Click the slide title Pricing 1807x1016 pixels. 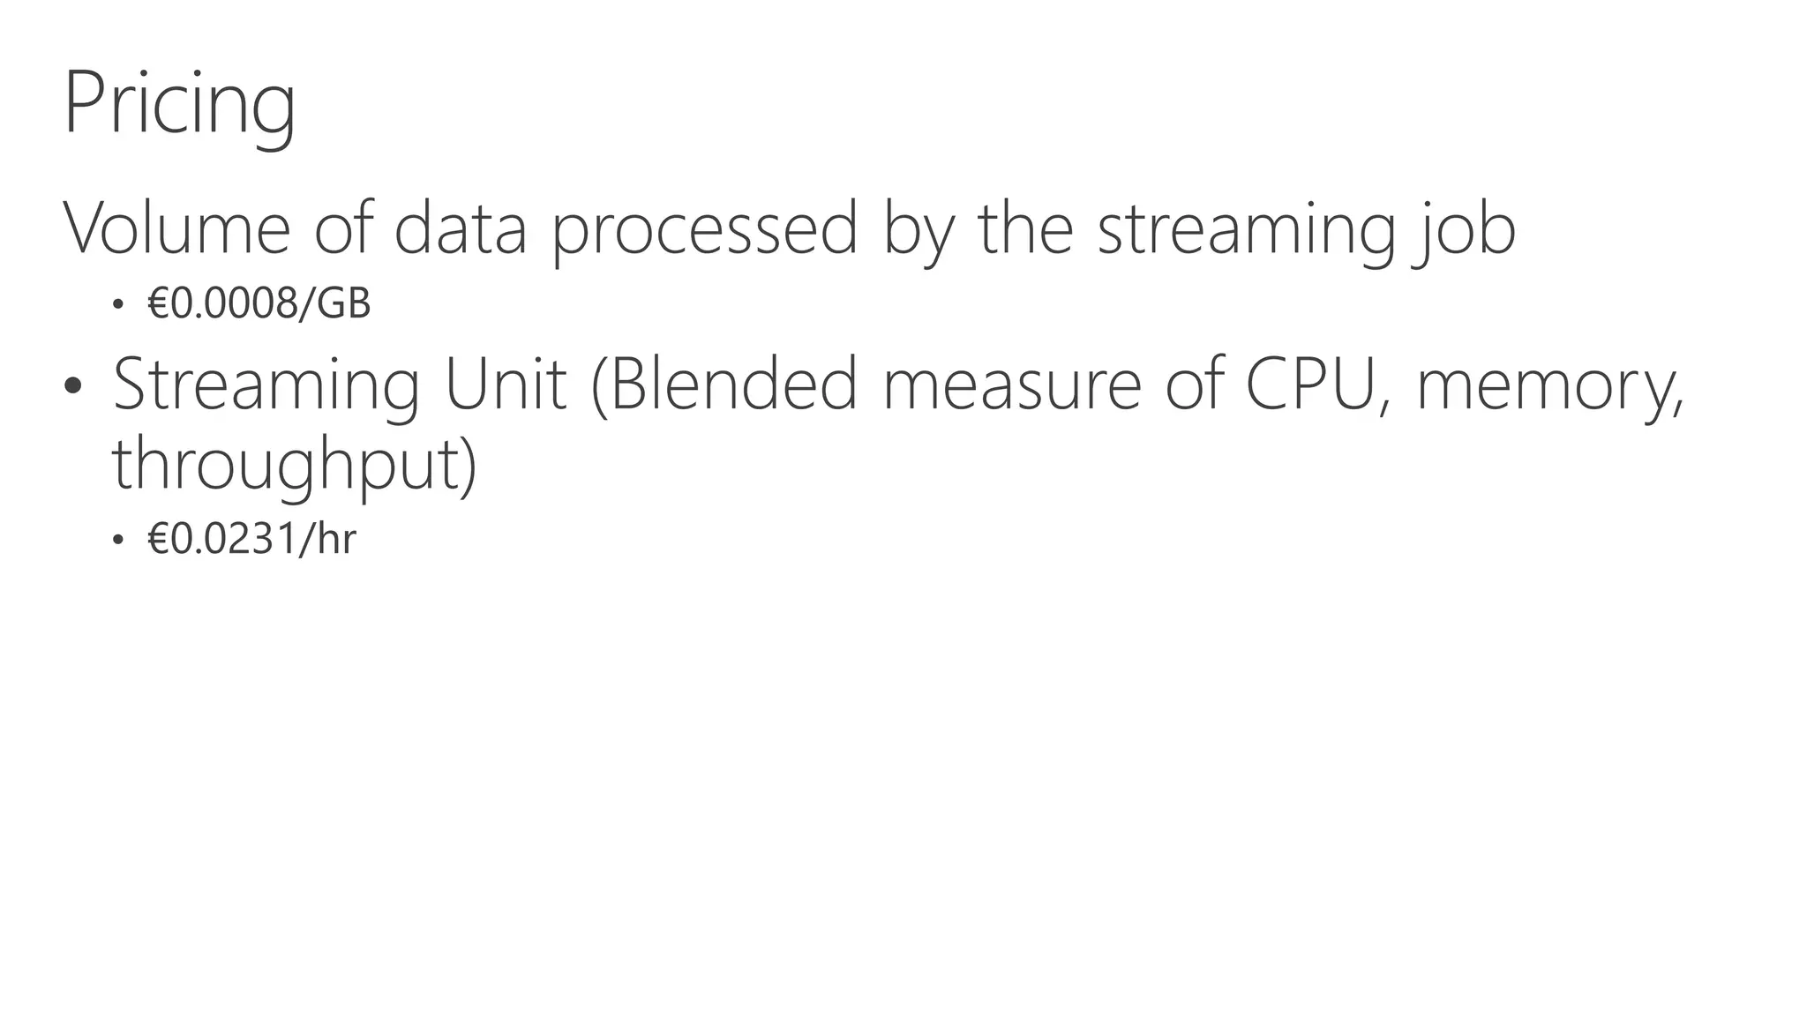[x=179, y=104]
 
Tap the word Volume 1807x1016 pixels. [x=176, y=228]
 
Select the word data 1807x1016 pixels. [x=460, y=228]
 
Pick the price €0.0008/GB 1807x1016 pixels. [x=259, y=304]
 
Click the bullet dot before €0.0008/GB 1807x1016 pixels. [x=117, y=305]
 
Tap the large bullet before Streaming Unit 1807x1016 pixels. [x=73, y=385]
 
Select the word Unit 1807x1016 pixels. [x=506, y=385]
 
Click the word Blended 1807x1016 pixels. [x=724, y=385]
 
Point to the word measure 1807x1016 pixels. [x=1012, y=386]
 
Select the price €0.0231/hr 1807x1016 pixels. [x=252, y=539]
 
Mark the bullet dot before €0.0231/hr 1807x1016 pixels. [x=117, y=540]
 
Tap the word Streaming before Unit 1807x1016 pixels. [x=266, y=386]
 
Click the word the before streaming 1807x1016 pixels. [x=1025, y=228]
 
